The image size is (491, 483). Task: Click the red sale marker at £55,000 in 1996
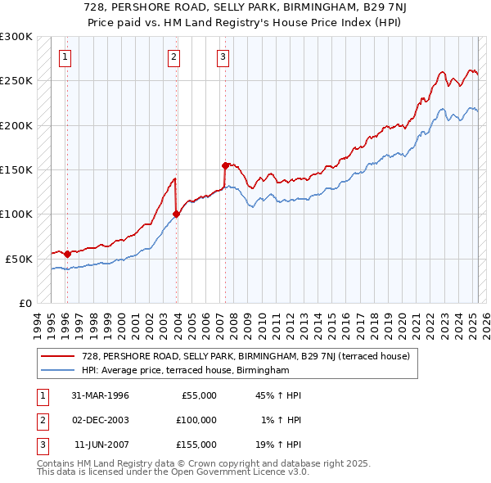point(67,254)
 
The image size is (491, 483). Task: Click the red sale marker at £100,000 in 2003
point(176,214)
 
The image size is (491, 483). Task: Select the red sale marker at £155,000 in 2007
point(225,165)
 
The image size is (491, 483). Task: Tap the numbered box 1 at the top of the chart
point(65,56)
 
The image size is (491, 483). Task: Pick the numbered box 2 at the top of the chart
point(173,56)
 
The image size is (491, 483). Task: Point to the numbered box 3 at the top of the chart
point(223,56)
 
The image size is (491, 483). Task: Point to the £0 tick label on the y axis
point(25,303)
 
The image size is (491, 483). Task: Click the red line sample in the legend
point(59,356)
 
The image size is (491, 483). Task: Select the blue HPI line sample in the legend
point(59,370)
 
